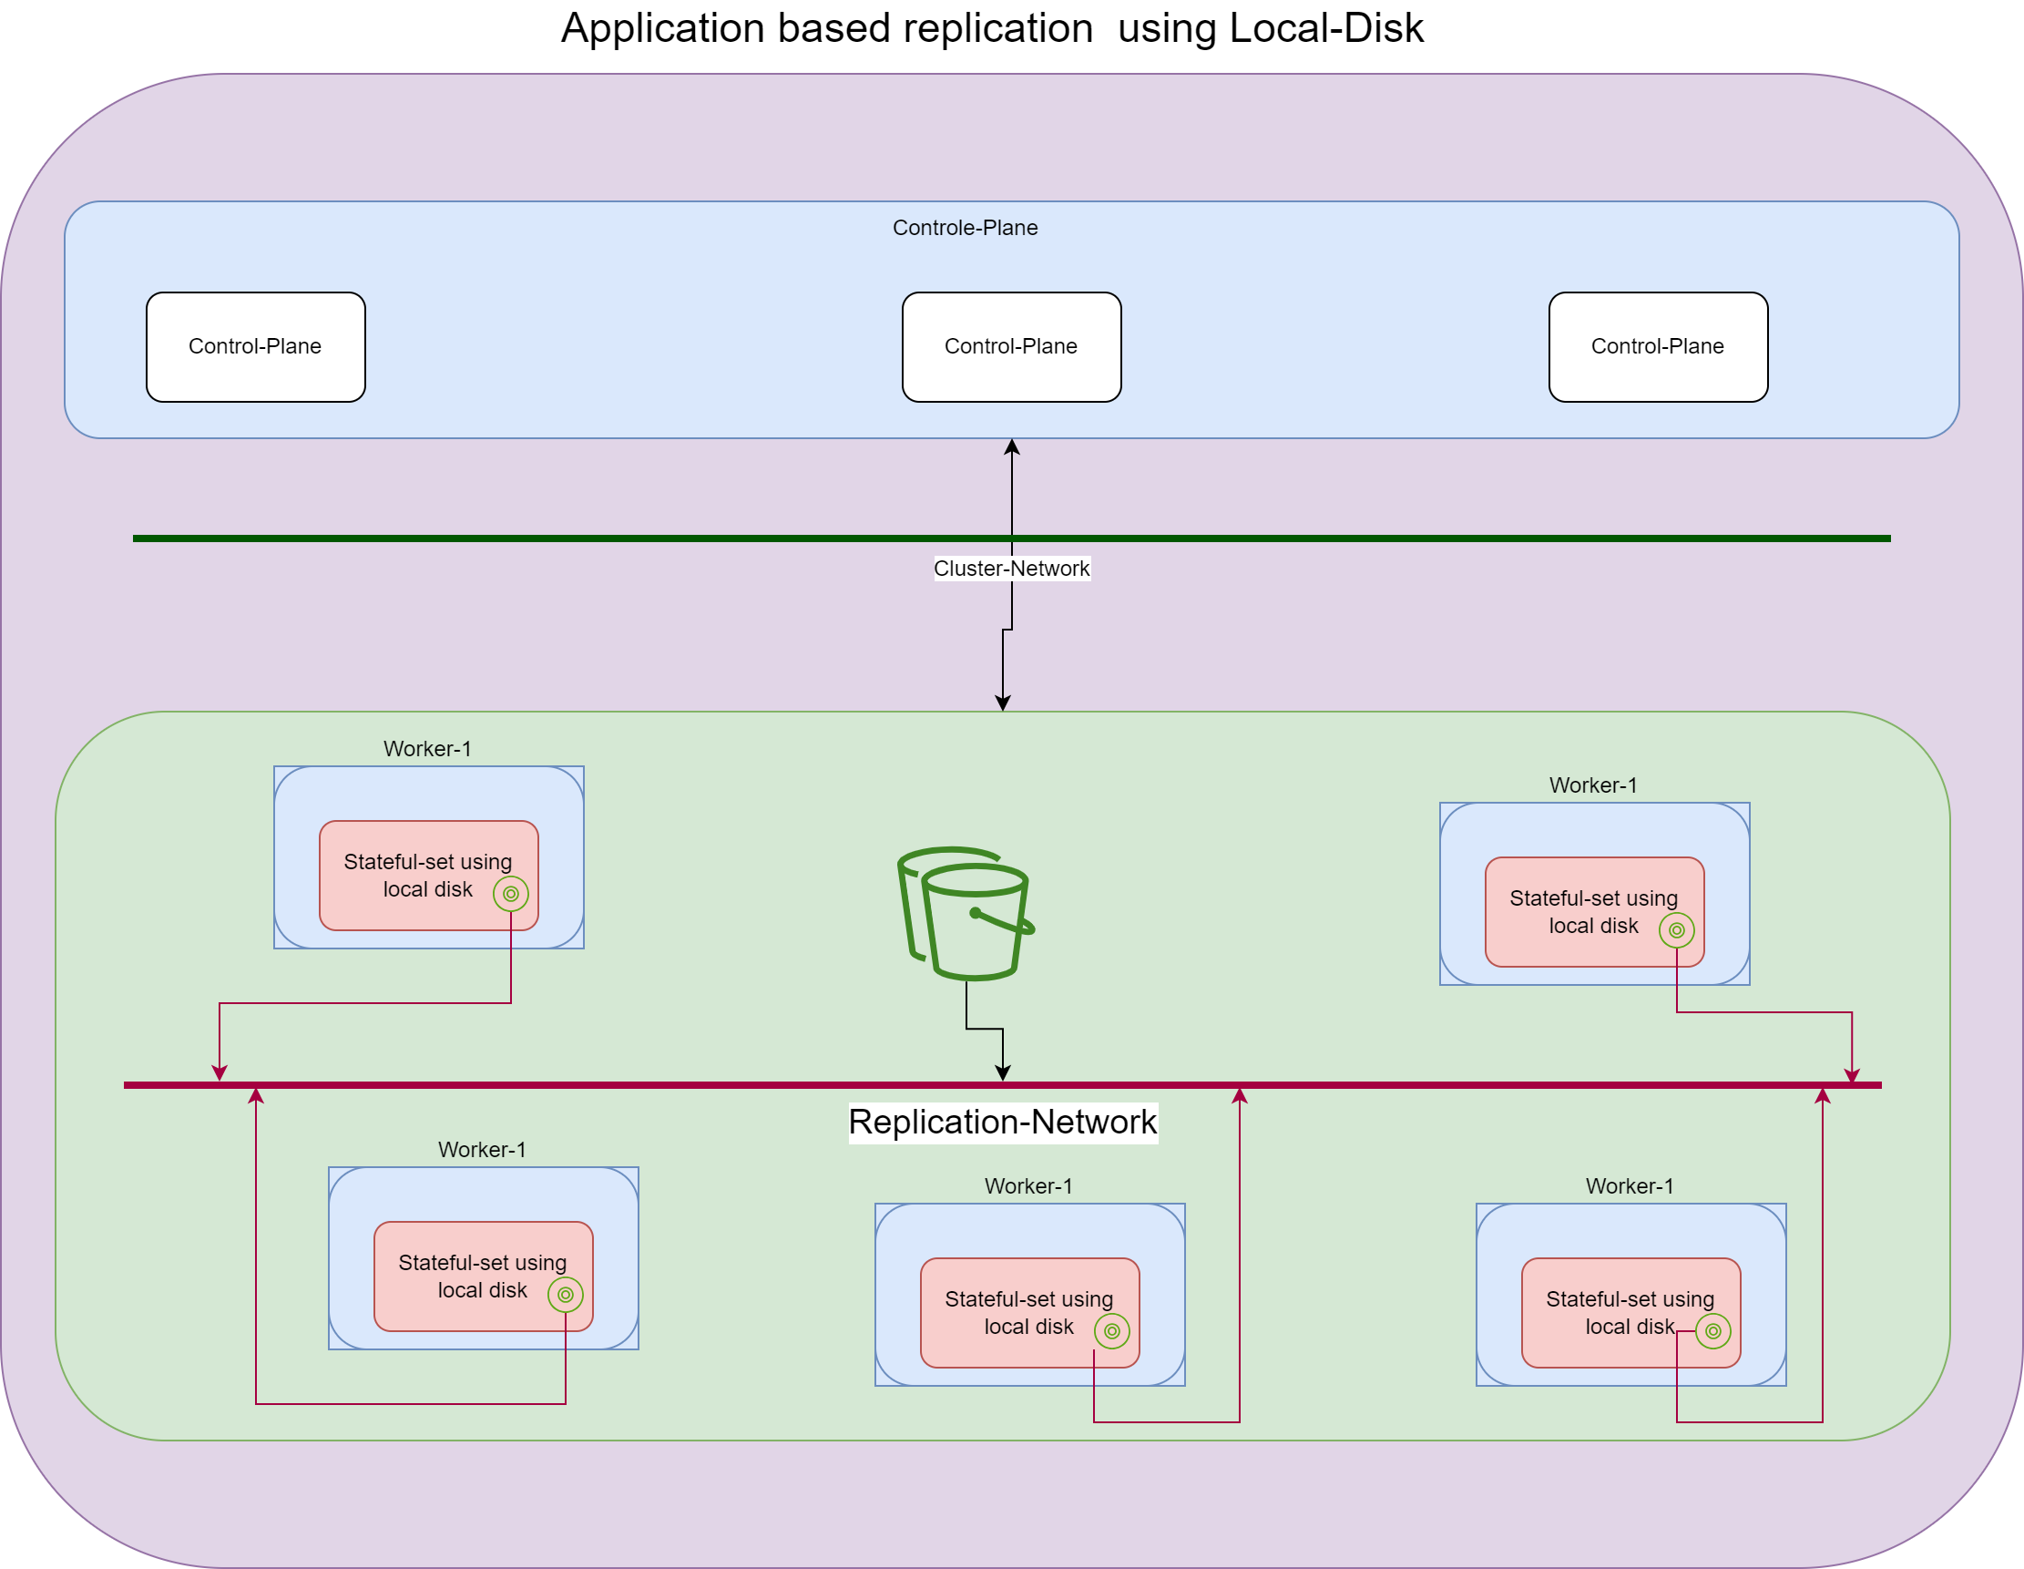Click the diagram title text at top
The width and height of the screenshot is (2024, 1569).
coord(992,29)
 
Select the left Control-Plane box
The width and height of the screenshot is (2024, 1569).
coord(255,346)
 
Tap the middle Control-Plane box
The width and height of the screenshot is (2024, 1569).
coord(1011,346)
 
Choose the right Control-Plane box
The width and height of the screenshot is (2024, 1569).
coord(1658,346)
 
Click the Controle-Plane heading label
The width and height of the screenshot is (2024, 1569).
coord(965,228)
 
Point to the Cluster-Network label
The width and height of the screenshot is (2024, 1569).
coord(1011,569)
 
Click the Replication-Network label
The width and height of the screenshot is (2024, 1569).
coord(1003,1123)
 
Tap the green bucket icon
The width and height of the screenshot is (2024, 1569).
coord(966,913)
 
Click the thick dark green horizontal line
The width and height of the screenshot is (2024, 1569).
coord(556,538)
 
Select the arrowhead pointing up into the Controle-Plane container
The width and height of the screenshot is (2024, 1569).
coord(1012,446)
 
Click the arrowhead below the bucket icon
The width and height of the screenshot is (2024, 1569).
coord(1003,1072)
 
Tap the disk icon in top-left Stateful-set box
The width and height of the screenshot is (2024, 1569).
coord(511,895)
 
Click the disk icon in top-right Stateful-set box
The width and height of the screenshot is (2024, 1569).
coord(1676,930)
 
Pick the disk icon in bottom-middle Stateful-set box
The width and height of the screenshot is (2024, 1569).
coord(1112,1332)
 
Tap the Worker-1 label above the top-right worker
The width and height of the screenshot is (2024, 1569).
coord(1593,786)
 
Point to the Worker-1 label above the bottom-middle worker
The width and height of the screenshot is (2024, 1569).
coord(1027,1186)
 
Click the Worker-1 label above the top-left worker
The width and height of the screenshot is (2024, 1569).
coord(427,749)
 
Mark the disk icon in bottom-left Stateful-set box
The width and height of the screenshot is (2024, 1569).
coord(566,1295)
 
